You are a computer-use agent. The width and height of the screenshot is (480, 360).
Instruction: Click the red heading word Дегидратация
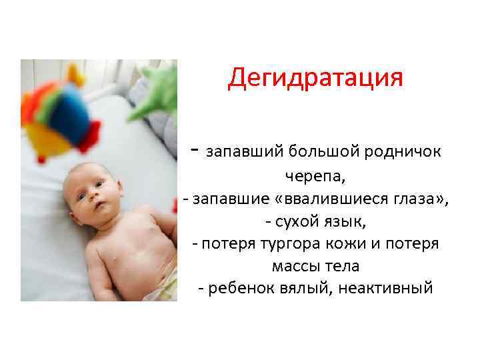[315, 78]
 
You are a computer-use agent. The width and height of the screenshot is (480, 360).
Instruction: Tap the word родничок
[403, 151]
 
